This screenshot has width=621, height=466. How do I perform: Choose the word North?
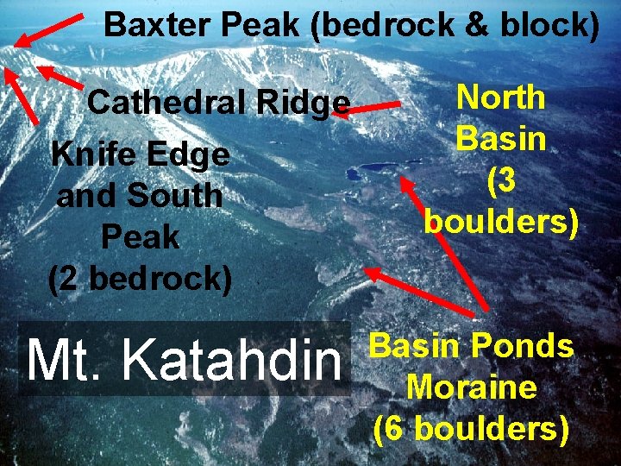click(x=500, y=97)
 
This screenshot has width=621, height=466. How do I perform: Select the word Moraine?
click(x=471, y=387)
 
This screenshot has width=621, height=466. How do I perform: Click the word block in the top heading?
click(x=553, y=25)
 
